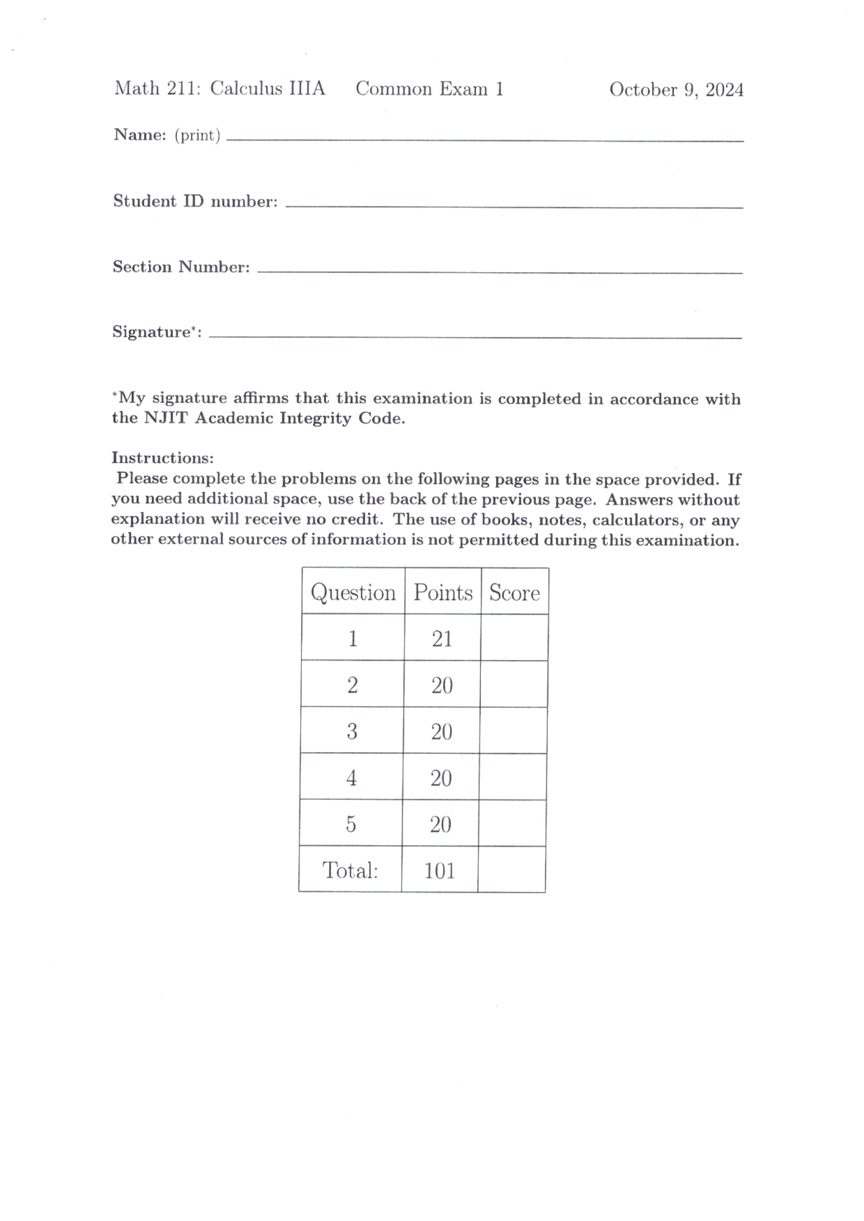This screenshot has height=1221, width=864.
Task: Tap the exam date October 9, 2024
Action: point(676,90)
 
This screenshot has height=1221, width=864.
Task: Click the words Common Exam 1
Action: point(430,89)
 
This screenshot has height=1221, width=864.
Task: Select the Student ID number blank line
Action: point(514,207)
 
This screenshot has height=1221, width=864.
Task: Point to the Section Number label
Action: point(181,267)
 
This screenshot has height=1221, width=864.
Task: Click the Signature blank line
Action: point(475,337)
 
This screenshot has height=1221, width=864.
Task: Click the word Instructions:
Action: point(163,458)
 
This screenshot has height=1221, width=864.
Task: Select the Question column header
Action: point(353,593)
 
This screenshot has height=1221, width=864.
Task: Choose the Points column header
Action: point(443,593)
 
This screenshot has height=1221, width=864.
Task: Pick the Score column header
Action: point(514,593)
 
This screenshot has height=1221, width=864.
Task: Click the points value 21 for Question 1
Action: point(442,639)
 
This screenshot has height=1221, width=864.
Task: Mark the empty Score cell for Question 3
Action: point(513,731)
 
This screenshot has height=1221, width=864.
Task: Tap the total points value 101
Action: point(440,870)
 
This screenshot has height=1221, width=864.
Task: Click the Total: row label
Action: point(350,870)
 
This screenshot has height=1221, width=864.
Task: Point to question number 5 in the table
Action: point(351,824)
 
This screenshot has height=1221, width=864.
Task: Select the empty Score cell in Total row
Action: point(511,870)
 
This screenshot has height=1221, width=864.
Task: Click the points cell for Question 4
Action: point(441,778)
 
